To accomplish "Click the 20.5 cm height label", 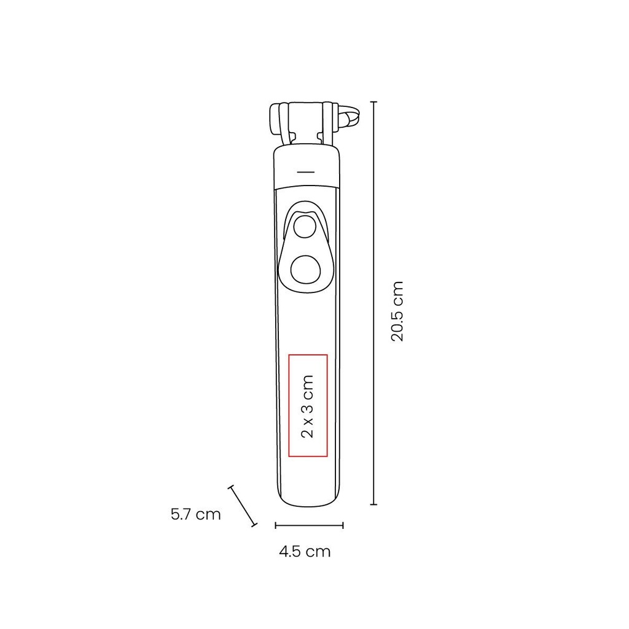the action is pos(397,311).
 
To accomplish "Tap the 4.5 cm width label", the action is pos(305,552).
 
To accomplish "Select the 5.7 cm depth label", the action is pos(196,514).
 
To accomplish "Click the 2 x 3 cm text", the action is pos(308,407).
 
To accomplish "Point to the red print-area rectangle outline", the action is pos(289,405).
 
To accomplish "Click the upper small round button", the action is pos(305,227).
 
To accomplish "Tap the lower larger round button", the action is pos(305,271).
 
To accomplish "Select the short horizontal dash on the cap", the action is pos(306,172).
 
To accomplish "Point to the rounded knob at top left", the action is pos(276,119).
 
